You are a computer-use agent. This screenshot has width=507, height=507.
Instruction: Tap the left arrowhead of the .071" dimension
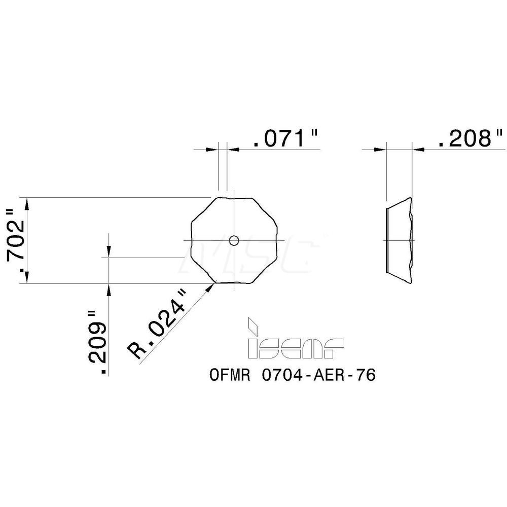[x=212, y=150]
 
